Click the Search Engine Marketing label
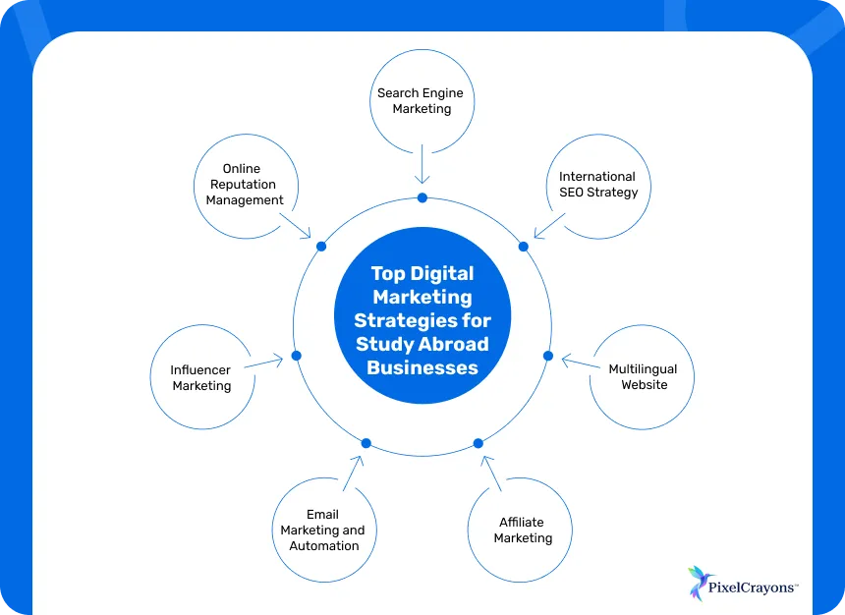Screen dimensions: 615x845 point(421,101)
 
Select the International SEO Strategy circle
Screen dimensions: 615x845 point(597,185)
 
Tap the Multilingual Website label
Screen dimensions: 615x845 point(643,377)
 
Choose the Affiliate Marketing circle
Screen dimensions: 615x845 point(521,531)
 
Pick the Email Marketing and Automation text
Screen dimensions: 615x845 point(322,531)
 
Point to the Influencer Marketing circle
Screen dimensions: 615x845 point(201,378)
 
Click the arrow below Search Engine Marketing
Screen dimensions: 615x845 point(422,164)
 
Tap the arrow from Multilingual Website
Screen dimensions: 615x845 point(580,363)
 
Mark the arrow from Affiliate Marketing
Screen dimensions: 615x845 point(492,472)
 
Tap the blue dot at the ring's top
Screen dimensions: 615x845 point(422,198)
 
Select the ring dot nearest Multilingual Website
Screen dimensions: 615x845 point(548,356)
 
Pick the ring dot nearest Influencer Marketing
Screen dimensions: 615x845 point(296,355)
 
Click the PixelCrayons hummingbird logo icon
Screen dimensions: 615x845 point(699,583)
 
